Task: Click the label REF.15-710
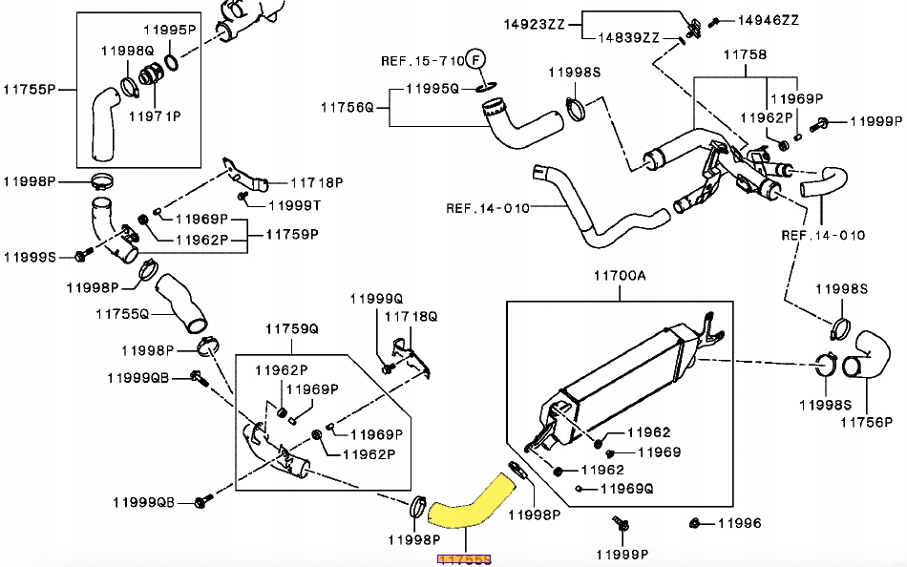tap(422, 60)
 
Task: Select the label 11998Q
tap(127, 49)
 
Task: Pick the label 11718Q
tap(411, 315)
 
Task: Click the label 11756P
tap(866, 421)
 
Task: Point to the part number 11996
tap(740, 523)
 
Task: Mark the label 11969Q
tap(626, 489)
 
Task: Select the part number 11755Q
tap(122, 313)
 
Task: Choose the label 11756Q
tap(348, 107)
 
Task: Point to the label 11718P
tap(315, 181)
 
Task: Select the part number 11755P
tap(31, 90)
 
